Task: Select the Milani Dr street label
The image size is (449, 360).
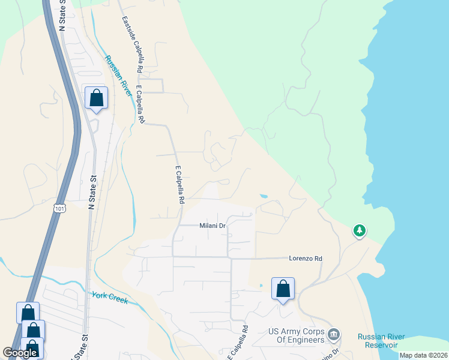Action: [212, 226]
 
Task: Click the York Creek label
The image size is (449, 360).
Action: [110, 297]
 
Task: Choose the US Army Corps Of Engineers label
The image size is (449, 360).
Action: [296, 336]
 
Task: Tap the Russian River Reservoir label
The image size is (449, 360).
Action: [381, 340]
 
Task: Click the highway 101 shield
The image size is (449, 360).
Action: [59, 208]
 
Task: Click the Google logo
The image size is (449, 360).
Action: [20, 353]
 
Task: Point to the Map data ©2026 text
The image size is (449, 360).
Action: [423, 355]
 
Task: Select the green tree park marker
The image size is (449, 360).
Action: [359, 230]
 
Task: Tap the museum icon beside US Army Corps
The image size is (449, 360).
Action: [334, 334]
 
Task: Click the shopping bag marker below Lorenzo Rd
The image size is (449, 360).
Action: [283, 289]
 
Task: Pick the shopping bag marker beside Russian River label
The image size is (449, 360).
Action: [96, 98]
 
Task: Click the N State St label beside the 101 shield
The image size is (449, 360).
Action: [92, 192]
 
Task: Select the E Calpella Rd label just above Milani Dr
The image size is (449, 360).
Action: [179, 185]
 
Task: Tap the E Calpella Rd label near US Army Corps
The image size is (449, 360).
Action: [237, 343]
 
